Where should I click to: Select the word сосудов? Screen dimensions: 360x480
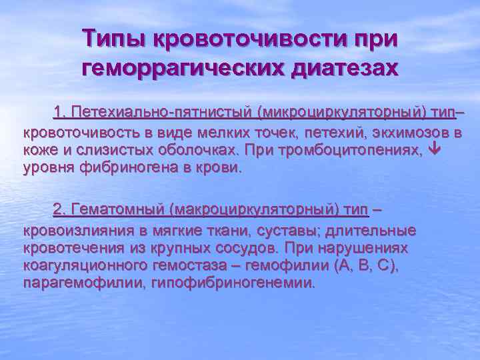tap(238, 248)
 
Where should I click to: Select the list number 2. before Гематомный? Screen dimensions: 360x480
tap(61, 210)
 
